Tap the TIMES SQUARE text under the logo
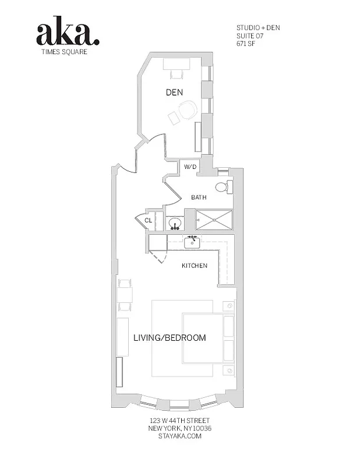[x=68, y=51]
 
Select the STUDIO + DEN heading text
[x=258, y=27]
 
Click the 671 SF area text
[x=246, y=44]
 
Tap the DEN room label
[x=174, y=92]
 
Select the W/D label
[x=191, y=167]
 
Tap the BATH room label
[x=199, y=197]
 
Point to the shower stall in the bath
[x=214, y=220]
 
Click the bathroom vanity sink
[x=175, y=223]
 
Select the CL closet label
[x=148, y=220]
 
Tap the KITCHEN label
[x=195, y=266]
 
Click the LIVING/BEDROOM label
[x=170, y=338]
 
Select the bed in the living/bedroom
[x=204, y=338]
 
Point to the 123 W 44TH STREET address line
[x=179, y=421]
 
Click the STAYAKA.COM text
[x=179, y=436]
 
